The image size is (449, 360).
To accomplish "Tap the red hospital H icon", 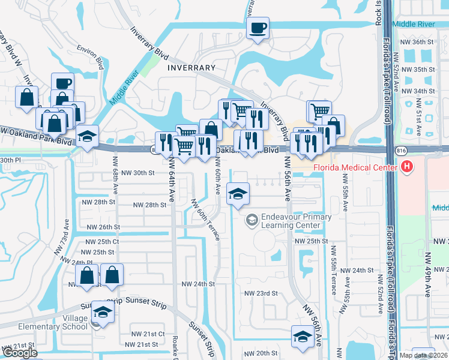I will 408,166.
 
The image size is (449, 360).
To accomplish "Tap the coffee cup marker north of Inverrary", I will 258,28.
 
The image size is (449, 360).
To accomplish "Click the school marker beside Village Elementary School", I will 103,312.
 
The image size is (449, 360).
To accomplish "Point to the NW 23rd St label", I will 261,293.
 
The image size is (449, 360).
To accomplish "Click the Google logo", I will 20,353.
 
